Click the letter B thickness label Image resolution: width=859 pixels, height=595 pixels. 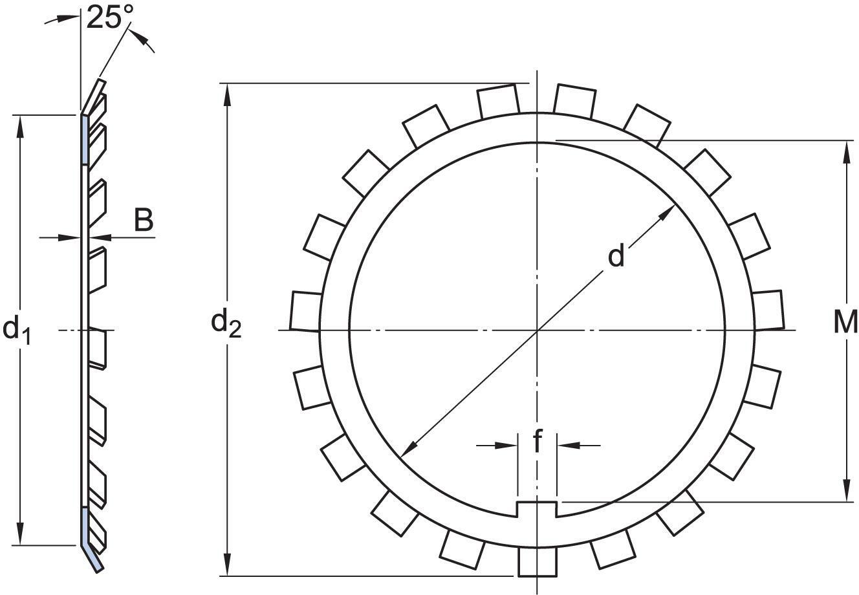(x=144, y=221)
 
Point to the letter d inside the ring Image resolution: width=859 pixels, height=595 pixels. (x=616, y=256)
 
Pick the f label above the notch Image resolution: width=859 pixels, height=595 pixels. (x=537, y=442)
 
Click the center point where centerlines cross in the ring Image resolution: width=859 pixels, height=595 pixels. (x=538, y=330)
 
